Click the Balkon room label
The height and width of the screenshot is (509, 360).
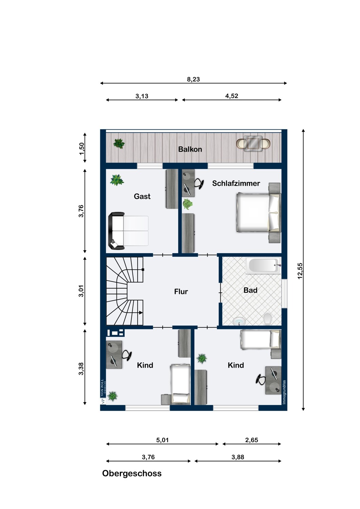pyautogui.click(x=190, y=149)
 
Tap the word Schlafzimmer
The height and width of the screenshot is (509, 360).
pyautogui.click(x=236, y=183)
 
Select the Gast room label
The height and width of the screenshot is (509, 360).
pyautogui.click(x=142, y=196)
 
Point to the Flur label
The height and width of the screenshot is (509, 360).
pyautogui.click(x=181, y=291)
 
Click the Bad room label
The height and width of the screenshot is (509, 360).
pyautogui.click(x=250, y=290)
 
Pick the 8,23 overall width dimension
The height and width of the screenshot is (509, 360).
pyautogui.click(x=193, y=79)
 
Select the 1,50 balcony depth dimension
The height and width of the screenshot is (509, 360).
pyautogui.click(x=82, y=149)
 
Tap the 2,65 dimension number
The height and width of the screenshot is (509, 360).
pyautogui.click(x=252, y=440)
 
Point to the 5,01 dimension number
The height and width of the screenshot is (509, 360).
pyautogui.click(x=162, y=440)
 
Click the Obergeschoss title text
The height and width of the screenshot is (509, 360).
pyautogui.click(x=132, y=473)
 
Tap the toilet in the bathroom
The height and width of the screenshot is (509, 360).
pyautogui.click(x=267, y=319)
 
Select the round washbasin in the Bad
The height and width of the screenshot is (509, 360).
pyautogui.click(x=239, y=321)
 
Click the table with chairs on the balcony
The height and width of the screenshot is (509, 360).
pyautogui.click(x=253, y=144)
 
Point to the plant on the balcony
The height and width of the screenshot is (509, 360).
pyautogui.click(x=119, y=144)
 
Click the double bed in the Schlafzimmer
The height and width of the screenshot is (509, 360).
pyautogui.click(x=259, y=212)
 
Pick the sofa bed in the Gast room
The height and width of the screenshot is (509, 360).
pyautogui.click(x=128, y=231)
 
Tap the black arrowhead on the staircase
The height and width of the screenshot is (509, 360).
pyautogui.click(x=141, y=313)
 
